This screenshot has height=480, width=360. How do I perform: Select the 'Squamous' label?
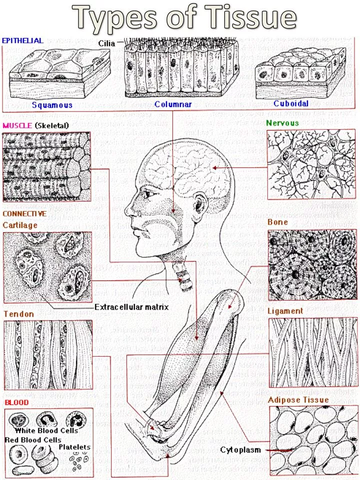52,105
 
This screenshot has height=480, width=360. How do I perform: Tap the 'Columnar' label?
173,104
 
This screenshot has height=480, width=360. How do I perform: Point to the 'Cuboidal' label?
291,104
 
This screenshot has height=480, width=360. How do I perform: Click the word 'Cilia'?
106,43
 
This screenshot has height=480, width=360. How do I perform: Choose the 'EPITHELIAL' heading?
22,40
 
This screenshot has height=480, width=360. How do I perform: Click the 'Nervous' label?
282,123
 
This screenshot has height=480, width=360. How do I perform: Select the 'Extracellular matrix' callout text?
131,306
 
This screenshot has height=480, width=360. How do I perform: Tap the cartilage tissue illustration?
47,267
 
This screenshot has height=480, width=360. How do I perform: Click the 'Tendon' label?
18,314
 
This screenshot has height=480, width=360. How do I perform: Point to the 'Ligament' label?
285,311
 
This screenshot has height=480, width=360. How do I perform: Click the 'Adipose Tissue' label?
298,400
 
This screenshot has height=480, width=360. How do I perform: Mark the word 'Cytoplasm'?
240,450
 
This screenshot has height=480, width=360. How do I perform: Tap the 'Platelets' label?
74,447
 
